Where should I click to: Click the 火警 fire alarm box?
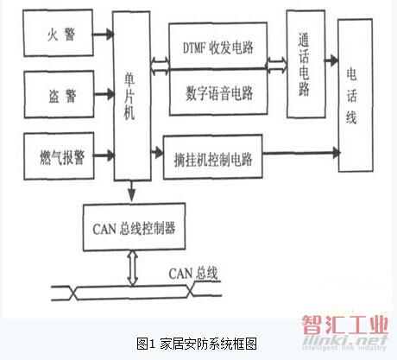(58, 33)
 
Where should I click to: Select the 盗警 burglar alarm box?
(59, 94)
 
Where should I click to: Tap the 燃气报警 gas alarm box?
(59, 156)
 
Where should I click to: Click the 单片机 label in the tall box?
(129, 96)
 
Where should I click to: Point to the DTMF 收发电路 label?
(218, 47)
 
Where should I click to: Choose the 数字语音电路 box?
(218, 92)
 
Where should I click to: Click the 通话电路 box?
(306, 64)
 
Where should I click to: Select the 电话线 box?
(356, 96)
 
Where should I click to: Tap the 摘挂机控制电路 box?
(212, 157)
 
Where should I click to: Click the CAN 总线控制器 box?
(134, 227)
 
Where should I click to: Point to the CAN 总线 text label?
(193, 273)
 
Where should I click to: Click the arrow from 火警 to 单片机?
(104, 35)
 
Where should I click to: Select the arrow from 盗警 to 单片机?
(104, 94)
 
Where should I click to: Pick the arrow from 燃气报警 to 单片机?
(104, 155)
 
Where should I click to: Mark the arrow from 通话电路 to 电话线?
(331, 60)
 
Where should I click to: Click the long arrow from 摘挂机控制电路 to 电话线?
(301, 153)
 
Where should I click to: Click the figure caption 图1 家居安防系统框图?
(197, 344)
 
